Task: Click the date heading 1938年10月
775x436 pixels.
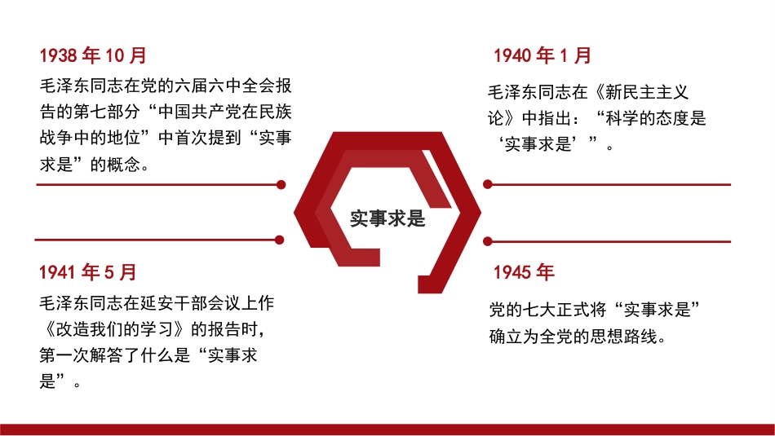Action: [93, 56]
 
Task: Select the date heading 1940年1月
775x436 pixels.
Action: [542, 56]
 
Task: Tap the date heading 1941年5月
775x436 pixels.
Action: [88, 272]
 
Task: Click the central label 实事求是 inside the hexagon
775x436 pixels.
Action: [387, 218]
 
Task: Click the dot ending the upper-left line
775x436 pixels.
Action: [281, 185]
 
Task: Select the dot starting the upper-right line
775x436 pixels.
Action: [488, 185]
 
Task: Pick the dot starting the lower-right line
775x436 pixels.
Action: [488, 241]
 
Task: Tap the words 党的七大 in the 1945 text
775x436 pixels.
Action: [523, 310]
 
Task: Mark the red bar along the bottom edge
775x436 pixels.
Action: [387, 429]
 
